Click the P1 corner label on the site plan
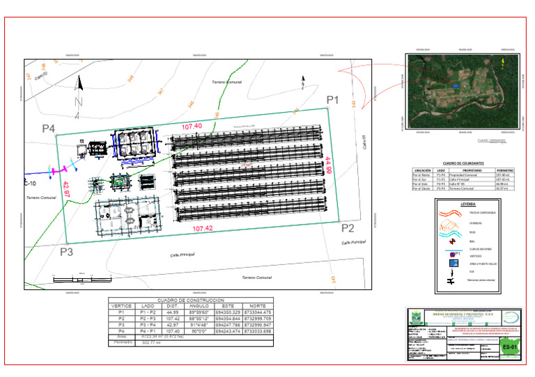tap(332, 101)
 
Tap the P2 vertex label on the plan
tap(348, 228)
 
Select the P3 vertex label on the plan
tap(66, 252)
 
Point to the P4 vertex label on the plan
tap(48, 129)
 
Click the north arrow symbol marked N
tap(79, 95)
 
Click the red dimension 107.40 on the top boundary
tap(192, 127)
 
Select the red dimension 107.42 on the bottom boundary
tap(202, 228)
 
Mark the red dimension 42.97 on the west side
tap(66, 189)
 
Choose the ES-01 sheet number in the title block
tap(511, 346)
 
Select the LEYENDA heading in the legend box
tap(468, 204)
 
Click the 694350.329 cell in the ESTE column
tap(228, 313)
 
